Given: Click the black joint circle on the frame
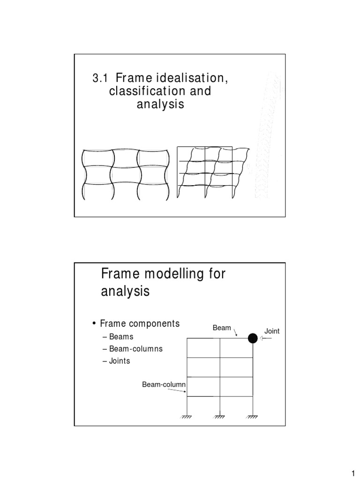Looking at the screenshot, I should point(253,338).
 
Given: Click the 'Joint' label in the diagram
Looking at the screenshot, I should point(272,331).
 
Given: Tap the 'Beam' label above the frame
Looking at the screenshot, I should point(222,328).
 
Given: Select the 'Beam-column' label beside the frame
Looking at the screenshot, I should point(165,385).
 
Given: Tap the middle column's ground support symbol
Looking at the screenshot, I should point(220,417).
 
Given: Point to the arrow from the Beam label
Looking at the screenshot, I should point(236,332).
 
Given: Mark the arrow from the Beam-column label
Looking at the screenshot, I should point(180,392).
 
